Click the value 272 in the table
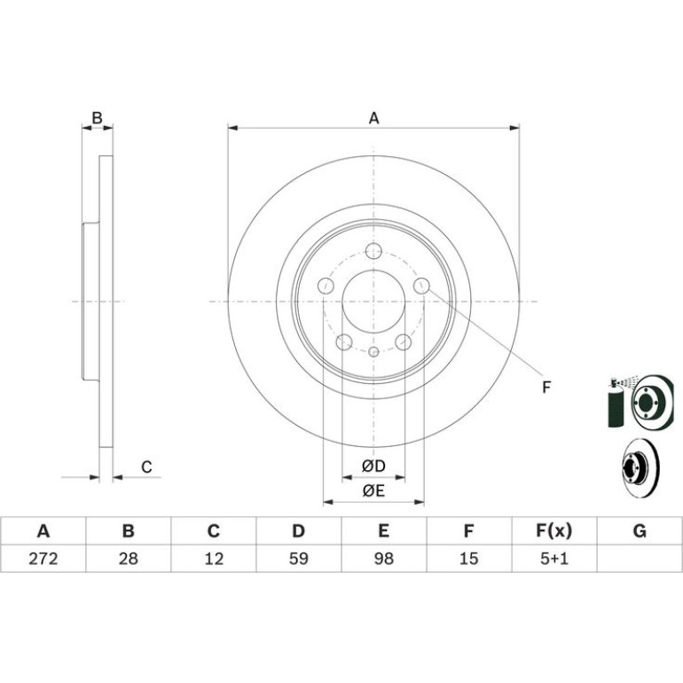pyautogui.click(x=43, y=559)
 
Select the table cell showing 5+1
pyautogui.click(x=554, y=559)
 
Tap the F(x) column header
pyautogui.click(x=554, y=531)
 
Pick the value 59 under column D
pyautogui.click(x=299, y=559)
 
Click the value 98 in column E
pyautogui.click(x=384, y=559)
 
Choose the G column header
pyautogui.click(x=640, y=531)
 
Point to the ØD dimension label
pyautogui.click(x=373, y=467)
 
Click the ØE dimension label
pyautogui.click(x=373, y=491)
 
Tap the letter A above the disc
pyautogui.click(x=373, y=118)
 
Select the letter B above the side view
pyautogui.click(x=98, y=118)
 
